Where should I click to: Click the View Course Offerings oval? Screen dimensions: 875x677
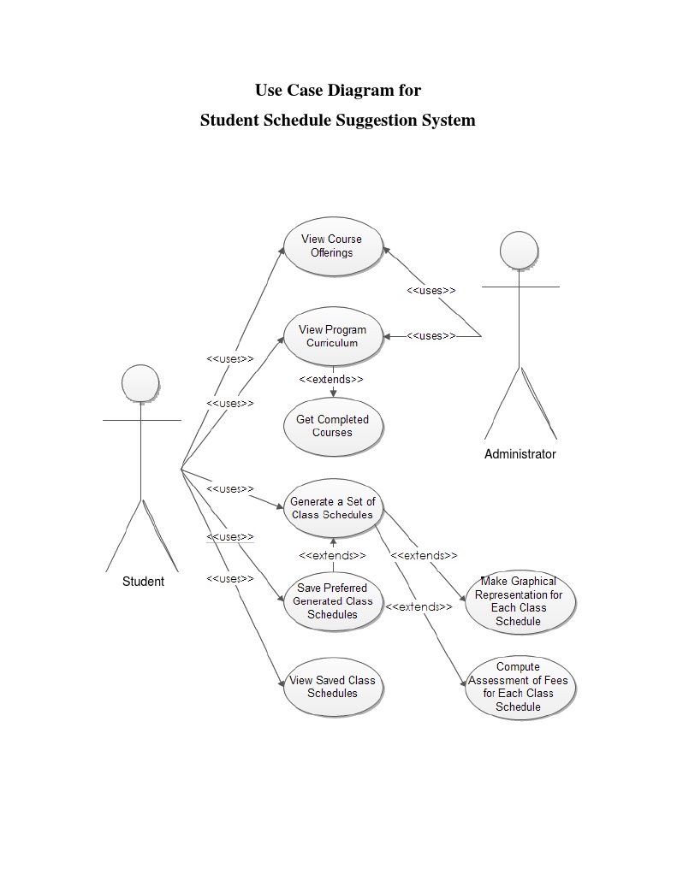point(332,246)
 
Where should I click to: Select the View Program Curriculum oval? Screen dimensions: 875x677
point(332,336)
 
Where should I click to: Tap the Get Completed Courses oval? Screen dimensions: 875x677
point(332,426)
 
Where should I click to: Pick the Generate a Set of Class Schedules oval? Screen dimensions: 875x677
point(332,508)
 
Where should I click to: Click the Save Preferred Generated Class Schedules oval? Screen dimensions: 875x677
point(332,601)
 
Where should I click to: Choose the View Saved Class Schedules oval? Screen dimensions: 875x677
point(332,687)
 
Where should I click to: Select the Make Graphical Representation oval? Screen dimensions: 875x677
point(519,601)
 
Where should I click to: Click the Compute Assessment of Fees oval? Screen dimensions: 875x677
point(519,687)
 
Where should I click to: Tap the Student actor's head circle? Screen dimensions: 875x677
point(140,382)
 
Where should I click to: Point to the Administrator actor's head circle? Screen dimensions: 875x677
point(520,250)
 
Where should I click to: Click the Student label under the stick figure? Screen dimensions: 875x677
point(143,582)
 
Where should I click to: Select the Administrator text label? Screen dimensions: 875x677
point(520,454)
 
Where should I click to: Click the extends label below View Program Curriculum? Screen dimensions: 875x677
point(331,379)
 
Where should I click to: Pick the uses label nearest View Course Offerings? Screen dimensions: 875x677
point(431,290)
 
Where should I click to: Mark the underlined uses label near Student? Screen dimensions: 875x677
point(230,536)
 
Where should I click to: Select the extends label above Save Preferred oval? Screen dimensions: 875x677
point(332,555)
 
